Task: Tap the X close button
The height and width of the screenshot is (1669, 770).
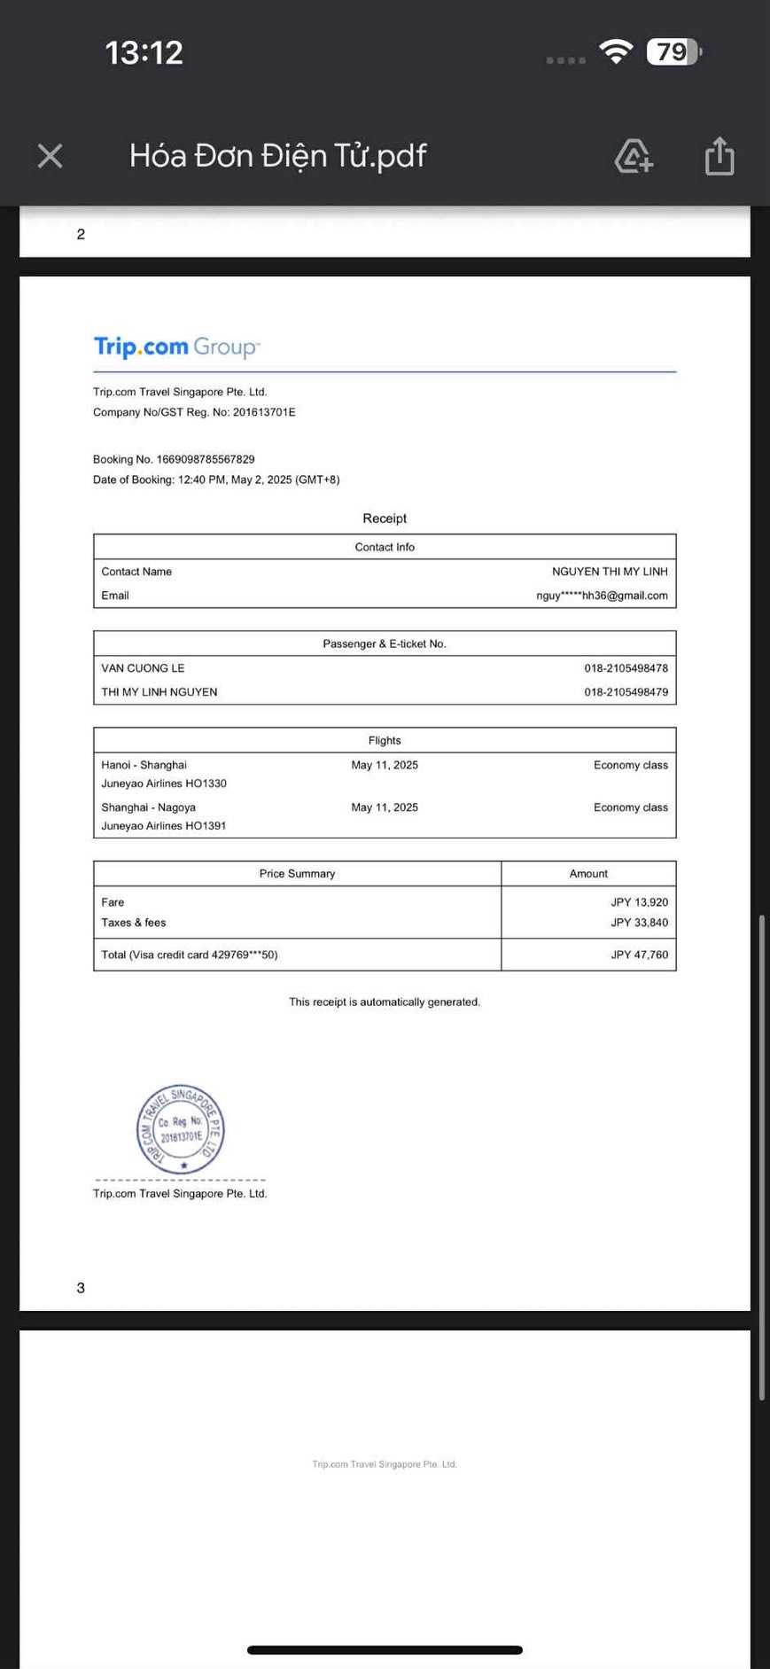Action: [51, 156]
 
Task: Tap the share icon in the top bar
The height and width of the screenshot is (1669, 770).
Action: [719, 156]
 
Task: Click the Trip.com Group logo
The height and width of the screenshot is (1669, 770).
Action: [176, 347]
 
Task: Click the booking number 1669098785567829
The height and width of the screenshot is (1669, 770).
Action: [205, 459]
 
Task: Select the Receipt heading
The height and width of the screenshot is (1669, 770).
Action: [385, 519]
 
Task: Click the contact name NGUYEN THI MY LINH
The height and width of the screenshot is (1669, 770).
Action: [610, 572]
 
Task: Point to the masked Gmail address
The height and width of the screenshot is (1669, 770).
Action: [602, 596]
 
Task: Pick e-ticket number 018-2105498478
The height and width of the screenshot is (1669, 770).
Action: [626, 668]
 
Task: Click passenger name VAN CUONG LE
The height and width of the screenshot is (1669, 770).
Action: [143, 668]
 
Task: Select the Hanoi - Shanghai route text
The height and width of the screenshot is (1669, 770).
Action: [144, 765]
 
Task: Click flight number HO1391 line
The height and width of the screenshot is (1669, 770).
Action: [164, 826]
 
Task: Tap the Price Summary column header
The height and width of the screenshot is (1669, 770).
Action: [297, 874]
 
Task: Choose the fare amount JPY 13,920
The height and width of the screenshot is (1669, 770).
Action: [639, 902]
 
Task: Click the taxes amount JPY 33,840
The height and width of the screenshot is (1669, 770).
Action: [639, 923]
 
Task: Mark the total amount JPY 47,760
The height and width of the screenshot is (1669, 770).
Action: [639, 955]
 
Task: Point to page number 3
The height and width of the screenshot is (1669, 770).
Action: [81, 1288]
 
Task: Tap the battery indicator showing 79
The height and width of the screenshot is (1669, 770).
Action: [673, 52]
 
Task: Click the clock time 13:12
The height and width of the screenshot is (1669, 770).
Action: [144, 52]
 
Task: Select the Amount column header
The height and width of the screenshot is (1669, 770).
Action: [588, 874]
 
